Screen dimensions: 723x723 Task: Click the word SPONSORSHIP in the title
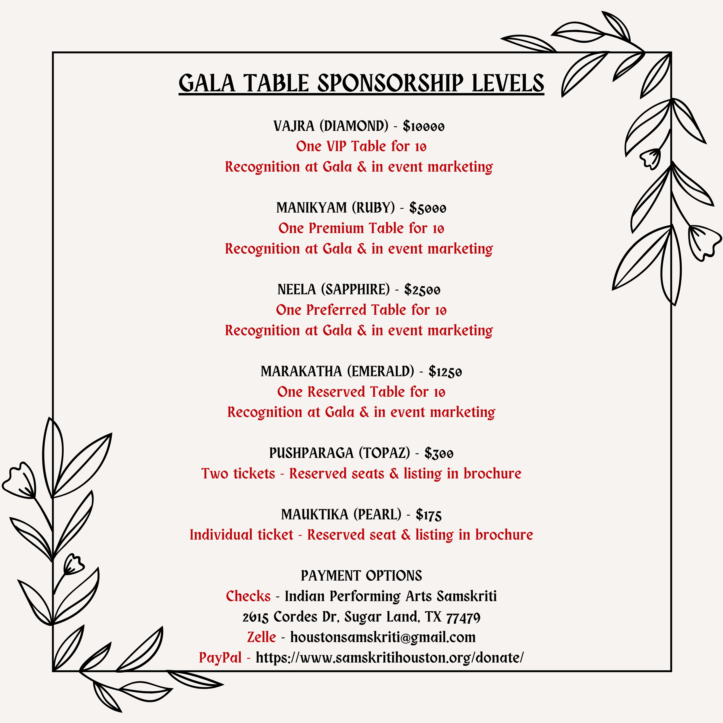(390, 83)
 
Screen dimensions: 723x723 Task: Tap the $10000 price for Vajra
(424, 127)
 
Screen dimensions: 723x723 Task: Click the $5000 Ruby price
(428, 208)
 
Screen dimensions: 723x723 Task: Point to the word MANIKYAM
(311, 208)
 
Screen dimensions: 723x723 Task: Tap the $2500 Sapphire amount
(422, 290)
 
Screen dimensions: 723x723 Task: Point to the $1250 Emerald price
(445, 372)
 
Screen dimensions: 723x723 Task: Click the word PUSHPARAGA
(311, 453)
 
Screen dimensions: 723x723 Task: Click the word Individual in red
(241, 535)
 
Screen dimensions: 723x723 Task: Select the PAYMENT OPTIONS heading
(361, 576)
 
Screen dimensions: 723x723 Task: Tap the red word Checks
(248, 596)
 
